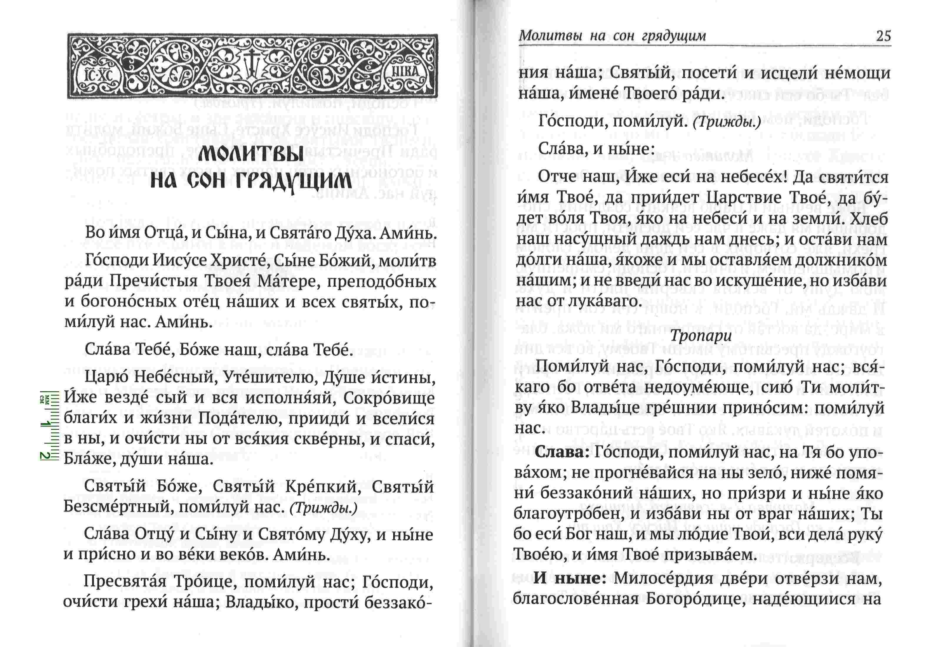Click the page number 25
pos(883,36)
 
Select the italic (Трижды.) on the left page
pos(324,508)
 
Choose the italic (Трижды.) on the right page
pos(727,122)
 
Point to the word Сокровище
pos(389,398)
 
